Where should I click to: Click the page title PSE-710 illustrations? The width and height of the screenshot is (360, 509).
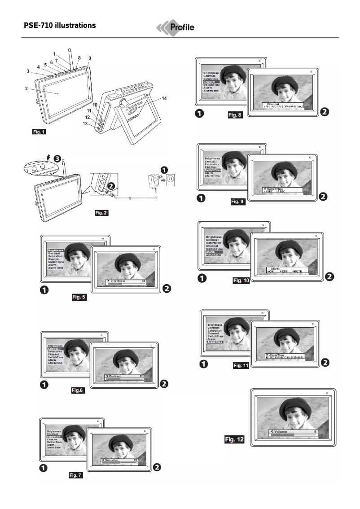60,26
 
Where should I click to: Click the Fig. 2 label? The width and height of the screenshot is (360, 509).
101,212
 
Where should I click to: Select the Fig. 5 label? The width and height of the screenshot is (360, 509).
79,297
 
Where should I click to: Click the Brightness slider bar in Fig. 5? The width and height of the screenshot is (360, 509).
126,283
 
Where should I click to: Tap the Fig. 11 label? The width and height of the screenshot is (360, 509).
240,366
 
